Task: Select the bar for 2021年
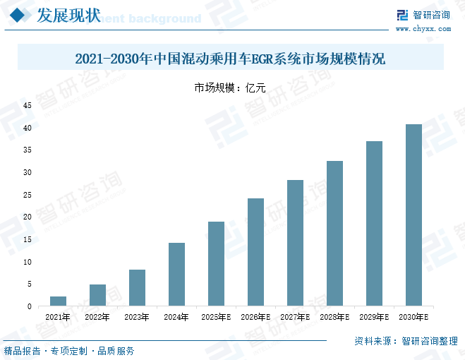click(59, 301)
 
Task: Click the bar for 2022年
click(97, 295)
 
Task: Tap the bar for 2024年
click(176, 275)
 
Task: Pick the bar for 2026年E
click(255, 252)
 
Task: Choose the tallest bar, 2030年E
click(413, 215)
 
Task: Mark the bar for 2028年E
click(334, 234)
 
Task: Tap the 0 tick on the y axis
click(30, 306)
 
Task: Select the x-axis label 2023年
click(137, 318)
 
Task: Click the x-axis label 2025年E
click(216, 318)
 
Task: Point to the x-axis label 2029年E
click(374, 318)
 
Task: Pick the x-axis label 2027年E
click(295, 318)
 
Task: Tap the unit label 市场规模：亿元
click(230, 88)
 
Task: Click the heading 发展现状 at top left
click(68, 16)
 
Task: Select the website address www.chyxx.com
click(423, 29)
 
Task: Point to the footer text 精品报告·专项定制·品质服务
click(69, 351)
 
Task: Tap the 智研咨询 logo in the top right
click(423, 15)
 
